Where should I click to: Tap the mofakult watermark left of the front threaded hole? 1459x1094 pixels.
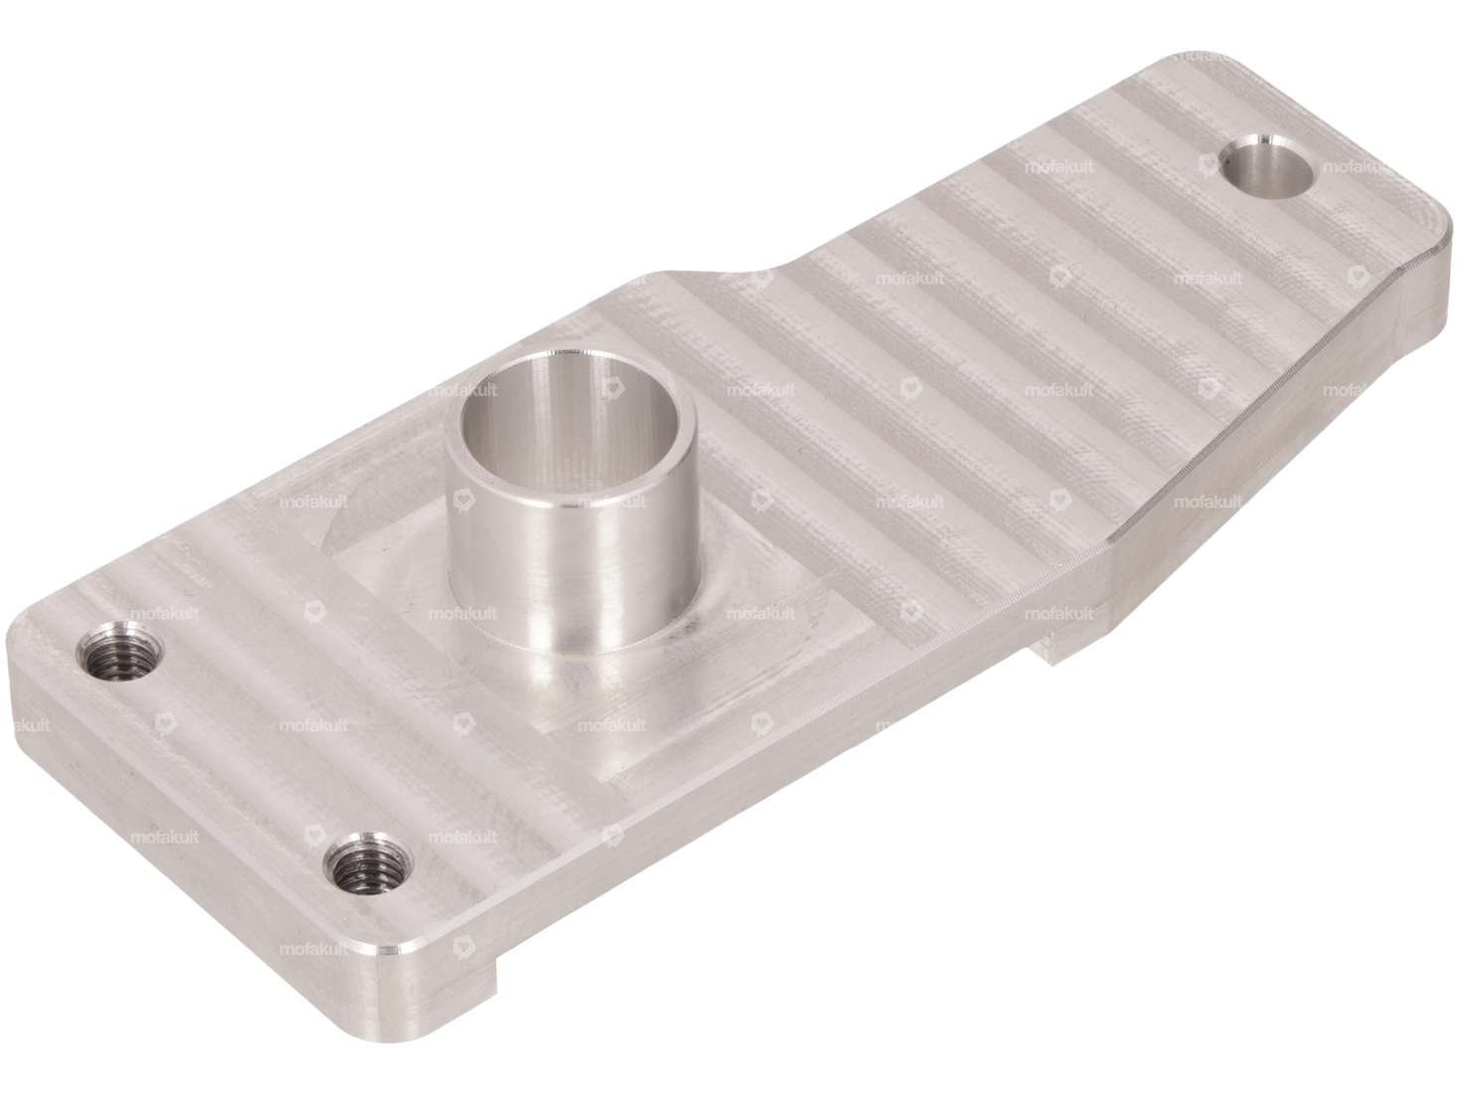point(166,839)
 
